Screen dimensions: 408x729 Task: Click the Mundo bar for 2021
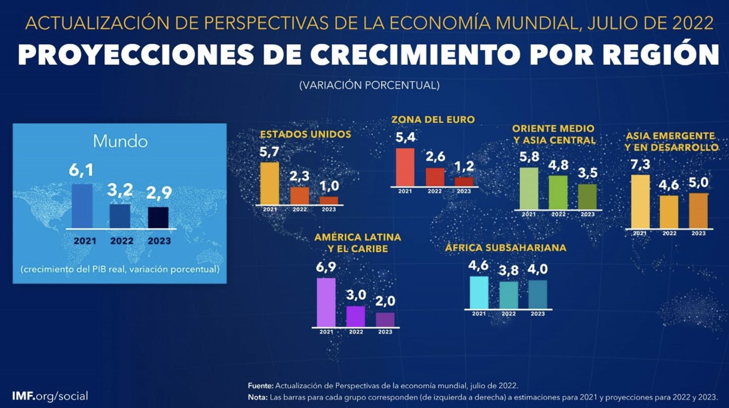coord(82,206)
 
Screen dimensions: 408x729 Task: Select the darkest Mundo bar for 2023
coord(158,217)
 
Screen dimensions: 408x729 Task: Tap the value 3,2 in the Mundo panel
coord(120,190)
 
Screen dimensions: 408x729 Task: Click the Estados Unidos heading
coord(305,134)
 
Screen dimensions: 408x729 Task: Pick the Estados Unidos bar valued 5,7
coord(270,183)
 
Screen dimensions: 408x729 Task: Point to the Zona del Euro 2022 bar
coord(435,177)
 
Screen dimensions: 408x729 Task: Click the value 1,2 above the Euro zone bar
coord(464,166)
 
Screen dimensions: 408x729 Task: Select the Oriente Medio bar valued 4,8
coord(558,192)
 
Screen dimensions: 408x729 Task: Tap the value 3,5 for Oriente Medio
coord(588,173)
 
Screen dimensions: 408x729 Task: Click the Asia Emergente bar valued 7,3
coord(640,202)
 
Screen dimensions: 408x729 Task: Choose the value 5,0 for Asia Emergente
coord(698,182)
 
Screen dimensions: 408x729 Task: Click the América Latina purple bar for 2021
coord(326,302)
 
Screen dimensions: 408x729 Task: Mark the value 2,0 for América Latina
coord(385,301)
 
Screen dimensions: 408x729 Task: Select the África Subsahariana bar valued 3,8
coord(508,295)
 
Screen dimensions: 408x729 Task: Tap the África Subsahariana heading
coord(506,248)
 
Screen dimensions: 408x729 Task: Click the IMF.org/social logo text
coord(50,396)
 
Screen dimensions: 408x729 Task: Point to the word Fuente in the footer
coord(261,386)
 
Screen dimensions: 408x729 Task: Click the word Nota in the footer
coord(257,397)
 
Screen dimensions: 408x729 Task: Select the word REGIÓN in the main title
coord(661,54)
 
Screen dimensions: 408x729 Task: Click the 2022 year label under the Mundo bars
coord(121,241)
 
